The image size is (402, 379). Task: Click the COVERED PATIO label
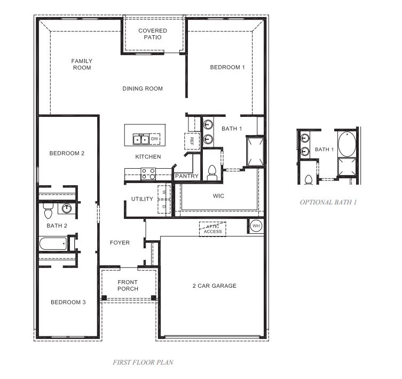pyautogui.click(x=153, y=34)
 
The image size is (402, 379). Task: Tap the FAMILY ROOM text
pyautogui.click(x=82, y=65)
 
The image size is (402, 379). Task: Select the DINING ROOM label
pyautogui.click(x=143, y=89)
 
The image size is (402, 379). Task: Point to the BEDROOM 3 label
pyautogui.click(x=68, y=303)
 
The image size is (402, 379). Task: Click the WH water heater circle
pyautogui.click(x=256, y=226)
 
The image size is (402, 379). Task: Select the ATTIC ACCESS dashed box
pyautogui.click(x=212, y=228)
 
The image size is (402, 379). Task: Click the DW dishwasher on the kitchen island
pyautogui.click(x=155, y=139)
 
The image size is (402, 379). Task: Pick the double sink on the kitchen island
pyautogui.click(x=141, y=140)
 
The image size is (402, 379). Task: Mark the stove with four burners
pyautogui.click(x=148, y=173)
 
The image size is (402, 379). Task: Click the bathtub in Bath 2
pyautogui.click(x=53, y=244)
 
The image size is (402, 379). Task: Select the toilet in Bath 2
pyautogui.click(x=47, y=212)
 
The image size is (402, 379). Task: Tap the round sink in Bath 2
pyautogui.click(x=67, y=208)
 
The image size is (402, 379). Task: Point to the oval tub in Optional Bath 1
pyautogui.click(x=346, y=143)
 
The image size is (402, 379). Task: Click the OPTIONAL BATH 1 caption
pyautogui.click(x=328, y=202)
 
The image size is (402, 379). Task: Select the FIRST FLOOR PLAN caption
pyautogui.click(x=143, y=362)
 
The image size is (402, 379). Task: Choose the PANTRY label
pyautogui.click(x=187, y=176)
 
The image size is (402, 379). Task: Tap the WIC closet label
pyautogui.click(x=218, y=196)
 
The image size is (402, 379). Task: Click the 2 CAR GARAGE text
pyautogui.click(x=215, y=286)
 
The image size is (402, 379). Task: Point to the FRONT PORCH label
pyautogui.click(x=128, y=286)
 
